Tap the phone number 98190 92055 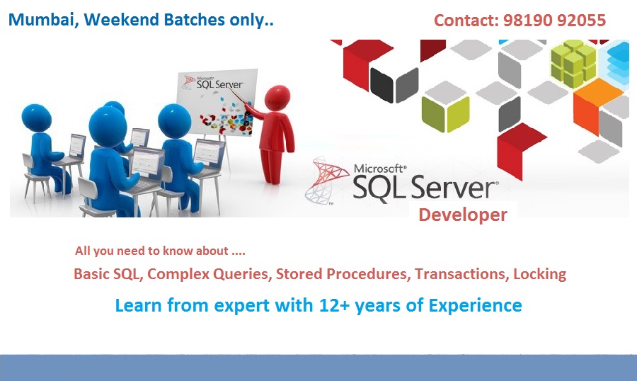pyautogui.click(x=554, y=21)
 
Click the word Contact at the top pyautogui.click(x=466, y=21)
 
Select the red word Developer pyautogui.click(x=463, y=215)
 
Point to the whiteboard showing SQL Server pyautogui.click(x=218, y=102)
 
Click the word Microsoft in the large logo pyautogui.click(x=380, y=168)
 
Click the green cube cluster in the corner pyautogui.click(x=573, y=64)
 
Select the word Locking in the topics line pyautogui.click(x=539, y=274)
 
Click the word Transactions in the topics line pyautogui.click(x=461, y=273)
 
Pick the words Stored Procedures pyautogui.click(x=342, y=273)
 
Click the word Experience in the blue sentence pyautogui.click(x=476, y=306)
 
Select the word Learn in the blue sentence pyautogui.click(x=138, y=305)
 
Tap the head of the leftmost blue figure pyautogui.click(x=36, y=118)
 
